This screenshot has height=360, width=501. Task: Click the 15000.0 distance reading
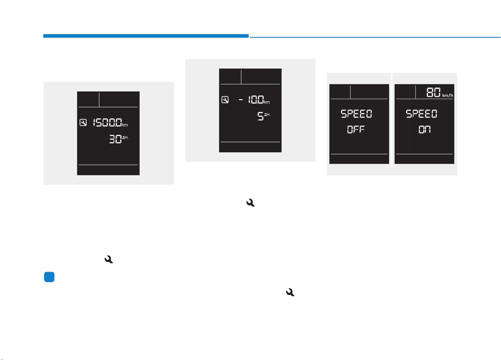108,123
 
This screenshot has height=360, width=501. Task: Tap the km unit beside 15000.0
125,125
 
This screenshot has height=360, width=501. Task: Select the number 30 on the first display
115,139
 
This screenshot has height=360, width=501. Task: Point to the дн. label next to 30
125,137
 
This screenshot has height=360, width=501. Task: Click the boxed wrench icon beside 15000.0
83,123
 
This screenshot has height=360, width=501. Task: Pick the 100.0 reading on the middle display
256,100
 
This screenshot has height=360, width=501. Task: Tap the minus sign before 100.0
241,100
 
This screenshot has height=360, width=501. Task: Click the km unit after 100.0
267,102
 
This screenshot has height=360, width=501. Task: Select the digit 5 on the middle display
260,116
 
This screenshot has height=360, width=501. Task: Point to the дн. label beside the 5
267,114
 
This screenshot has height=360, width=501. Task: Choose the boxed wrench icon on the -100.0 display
225,100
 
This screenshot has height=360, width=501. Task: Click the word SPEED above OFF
356,114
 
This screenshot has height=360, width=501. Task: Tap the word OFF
356,129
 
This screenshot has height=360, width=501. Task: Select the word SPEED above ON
421,114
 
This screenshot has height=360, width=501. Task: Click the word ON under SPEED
424,129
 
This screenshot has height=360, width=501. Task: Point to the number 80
434,92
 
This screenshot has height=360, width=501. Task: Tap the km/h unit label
448,95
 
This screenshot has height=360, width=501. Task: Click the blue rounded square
49,277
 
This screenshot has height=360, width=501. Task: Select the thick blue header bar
146,36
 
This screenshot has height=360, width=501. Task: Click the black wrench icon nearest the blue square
109,259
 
